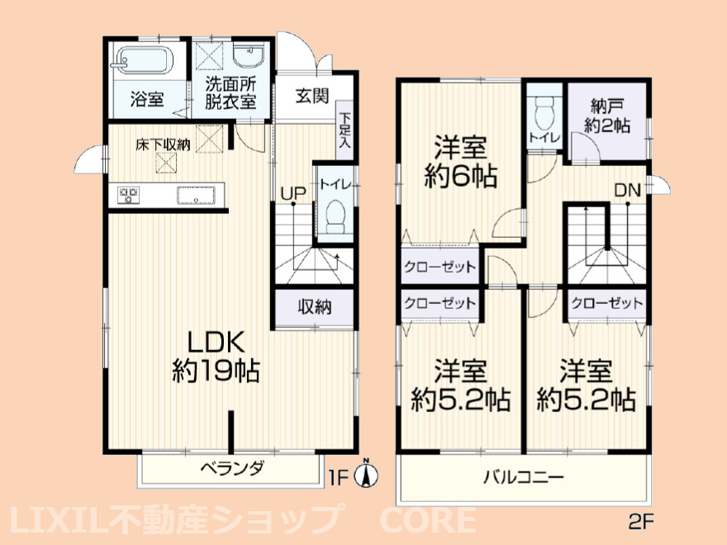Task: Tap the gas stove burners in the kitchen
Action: pos(130,196)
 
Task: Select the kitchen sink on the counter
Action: pos(197,196)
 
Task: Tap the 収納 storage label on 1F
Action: pos(315,307)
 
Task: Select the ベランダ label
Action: pos(231,469)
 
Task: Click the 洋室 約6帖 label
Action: pos(462,163)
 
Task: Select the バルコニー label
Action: pos(524,478)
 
